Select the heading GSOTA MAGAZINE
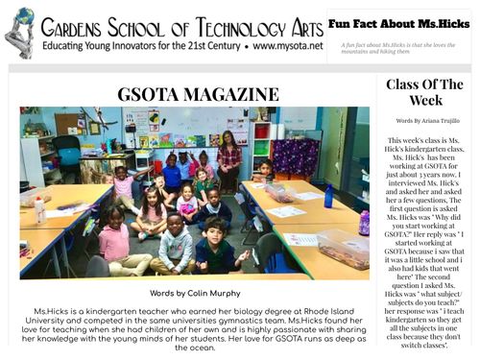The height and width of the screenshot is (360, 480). pyautogui.click(x=192, y=94)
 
